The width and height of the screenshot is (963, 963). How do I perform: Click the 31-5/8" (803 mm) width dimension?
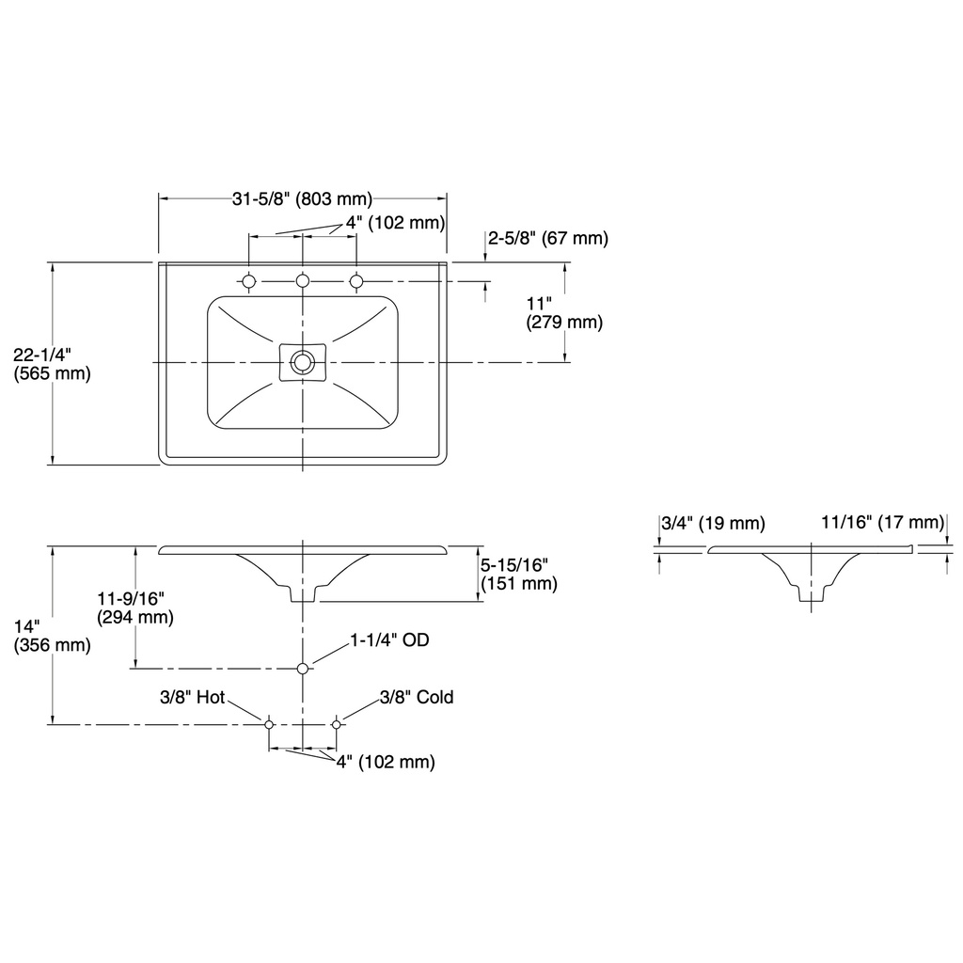(302, 199)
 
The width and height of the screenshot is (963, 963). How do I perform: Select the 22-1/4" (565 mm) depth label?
(53, 364)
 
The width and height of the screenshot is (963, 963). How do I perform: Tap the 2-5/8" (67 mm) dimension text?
(548, 238)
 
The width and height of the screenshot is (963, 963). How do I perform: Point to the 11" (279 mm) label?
(564, 312)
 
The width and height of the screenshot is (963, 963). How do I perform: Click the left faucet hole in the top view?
(248, 281)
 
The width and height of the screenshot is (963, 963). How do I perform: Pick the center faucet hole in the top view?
(303, 281)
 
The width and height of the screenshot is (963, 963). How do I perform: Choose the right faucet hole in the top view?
(356, 281)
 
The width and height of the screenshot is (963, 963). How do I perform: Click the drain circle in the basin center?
(303, 362)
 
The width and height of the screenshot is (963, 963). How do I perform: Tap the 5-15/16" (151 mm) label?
(519, 574)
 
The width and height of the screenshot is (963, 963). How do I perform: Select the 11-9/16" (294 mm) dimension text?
(135, 608)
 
